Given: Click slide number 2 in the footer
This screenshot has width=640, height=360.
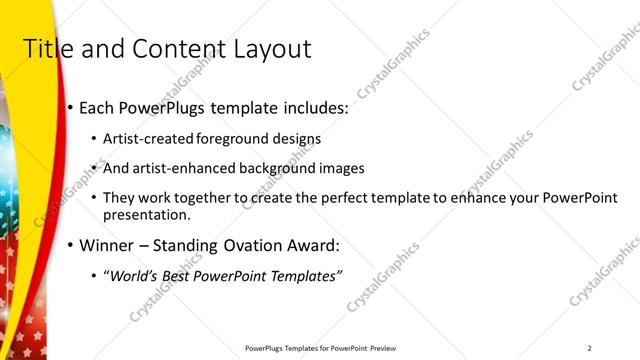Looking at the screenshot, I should click(x=590, y=348).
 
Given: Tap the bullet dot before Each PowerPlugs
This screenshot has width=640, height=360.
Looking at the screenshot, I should click(x=69, y=107).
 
